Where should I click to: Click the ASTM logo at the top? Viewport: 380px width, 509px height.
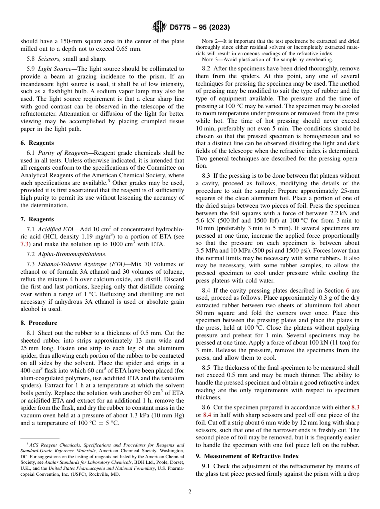point(159,27)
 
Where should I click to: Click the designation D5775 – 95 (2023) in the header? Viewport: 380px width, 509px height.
point(200,28)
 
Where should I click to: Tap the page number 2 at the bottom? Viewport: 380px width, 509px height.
point(190,492)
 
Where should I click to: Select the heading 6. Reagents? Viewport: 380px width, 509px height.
point(37,143)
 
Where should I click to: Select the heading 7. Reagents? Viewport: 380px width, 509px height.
point(37,219)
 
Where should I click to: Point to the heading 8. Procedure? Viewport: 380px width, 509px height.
point(39,323)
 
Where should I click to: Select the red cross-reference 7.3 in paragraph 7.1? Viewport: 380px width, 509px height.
point(25,244)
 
